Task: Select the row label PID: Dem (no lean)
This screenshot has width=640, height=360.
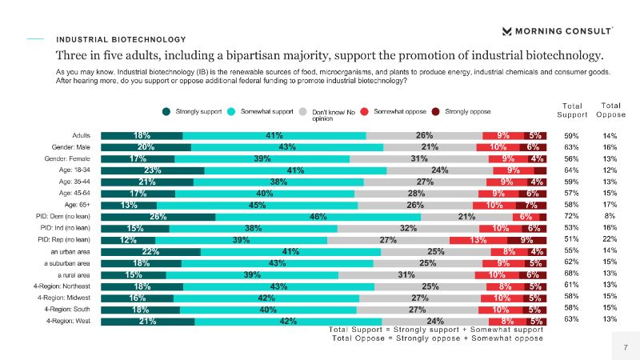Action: click(71, 217)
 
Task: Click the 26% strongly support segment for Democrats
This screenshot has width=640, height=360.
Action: click(158, 217)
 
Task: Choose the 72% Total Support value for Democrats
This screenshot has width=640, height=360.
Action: click(571, 217)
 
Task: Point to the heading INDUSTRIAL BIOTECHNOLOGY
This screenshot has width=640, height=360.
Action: click(121, 39)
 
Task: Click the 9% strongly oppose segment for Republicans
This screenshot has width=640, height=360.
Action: click(526, 240)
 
